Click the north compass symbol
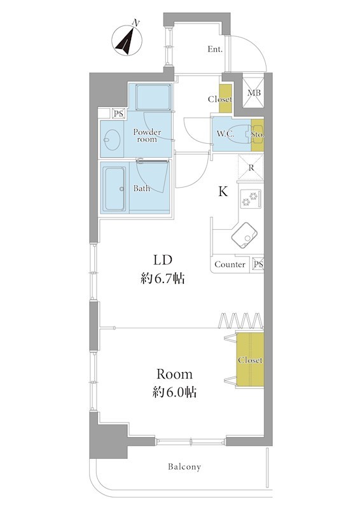(127, 40)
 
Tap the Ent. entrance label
(215, 50)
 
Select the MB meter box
(254, 93)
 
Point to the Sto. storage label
(258, 134)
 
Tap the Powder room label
(147, 136)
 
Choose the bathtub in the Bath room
(115, 188)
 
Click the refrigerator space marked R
(251, 167)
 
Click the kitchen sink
(244, 235)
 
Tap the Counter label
(230, 265)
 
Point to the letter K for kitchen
(223, 192)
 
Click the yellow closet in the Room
(250, 359)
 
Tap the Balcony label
(184, 467)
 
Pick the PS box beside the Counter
(258, 264)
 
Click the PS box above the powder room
(119, 114)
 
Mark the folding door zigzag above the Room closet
(240, 321)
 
